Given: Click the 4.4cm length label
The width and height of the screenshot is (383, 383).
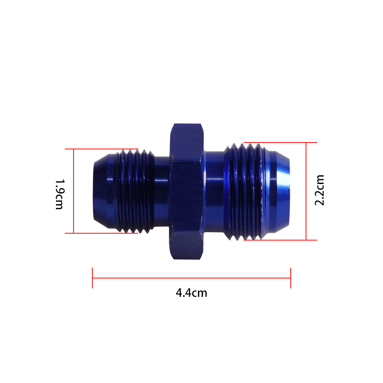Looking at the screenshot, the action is [191, 293].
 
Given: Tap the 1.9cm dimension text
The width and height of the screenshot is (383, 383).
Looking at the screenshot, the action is [59, 195].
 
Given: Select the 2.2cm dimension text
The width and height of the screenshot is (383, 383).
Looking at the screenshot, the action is [319, 190].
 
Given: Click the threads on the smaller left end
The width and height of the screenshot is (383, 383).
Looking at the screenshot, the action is [134, 191].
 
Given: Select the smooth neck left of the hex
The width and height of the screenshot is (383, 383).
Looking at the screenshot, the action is [162, 191].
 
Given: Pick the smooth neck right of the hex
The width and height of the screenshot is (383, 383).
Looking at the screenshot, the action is [214, 191].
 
